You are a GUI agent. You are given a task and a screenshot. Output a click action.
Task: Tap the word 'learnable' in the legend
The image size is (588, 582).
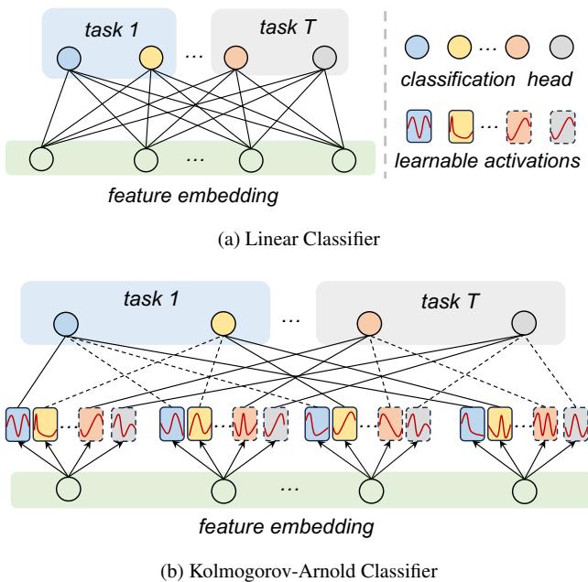(x=430, y=162)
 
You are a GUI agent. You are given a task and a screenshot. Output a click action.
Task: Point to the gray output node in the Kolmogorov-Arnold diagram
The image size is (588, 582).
(x=525, y=324)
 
